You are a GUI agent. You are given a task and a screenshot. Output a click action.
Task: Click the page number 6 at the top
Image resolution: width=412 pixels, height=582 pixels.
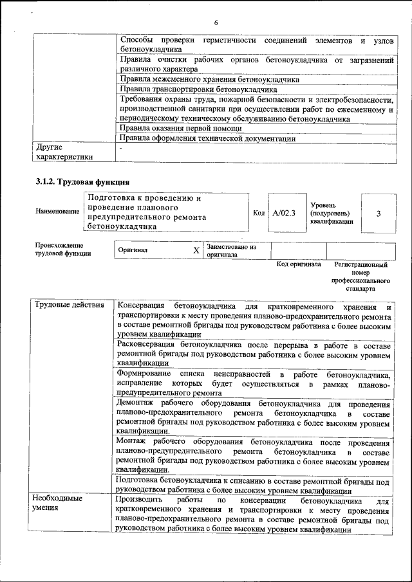[216, 23]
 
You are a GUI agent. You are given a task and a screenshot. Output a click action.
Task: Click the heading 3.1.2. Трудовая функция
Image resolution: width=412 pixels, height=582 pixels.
[78, 181]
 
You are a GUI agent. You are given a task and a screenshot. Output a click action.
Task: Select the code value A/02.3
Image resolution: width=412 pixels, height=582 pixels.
[283, 213]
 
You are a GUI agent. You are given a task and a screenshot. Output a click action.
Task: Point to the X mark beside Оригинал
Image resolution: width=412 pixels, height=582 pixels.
[196, 250]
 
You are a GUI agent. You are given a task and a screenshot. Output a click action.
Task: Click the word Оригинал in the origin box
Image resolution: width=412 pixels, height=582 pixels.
[133, 250]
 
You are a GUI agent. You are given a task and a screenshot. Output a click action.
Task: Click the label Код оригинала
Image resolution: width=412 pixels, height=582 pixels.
[299, 264]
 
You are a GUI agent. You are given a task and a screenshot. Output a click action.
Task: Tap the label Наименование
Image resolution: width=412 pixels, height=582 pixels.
[58, 212]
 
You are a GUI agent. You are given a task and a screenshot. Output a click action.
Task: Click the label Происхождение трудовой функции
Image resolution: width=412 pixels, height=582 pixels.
[63, 250]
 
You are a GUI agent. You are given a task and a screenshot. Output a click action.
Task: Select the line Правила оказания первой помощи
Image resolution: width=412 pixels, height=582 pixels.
[181, 129]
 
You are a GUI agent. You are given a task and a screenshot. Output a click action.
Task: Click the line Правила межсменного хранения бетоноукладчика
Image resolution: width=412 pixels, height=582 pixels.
[210, 80]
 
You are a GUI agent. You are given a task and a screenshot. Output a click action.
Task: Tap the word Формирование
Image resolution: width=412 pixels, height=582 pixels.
[144, 374]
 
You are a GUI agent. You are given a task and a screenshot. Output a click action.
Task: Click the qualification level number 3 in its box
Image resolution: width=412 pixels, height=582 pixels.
[378, 213]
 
